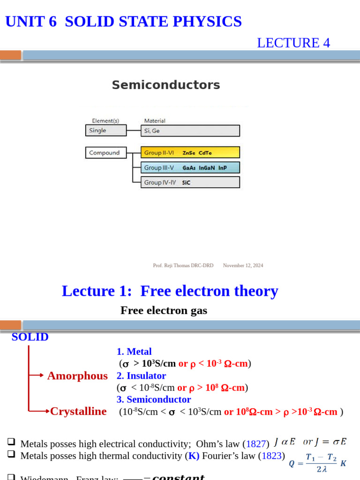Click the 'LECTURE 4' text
pyautogui.click(x=293, y=43)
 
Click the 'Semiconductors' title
pyautogui.click(x=165, y=85)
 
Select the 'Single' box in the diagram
pyautogui.click(x=105, y=130)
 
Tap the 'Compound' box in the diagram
pyautogui.click(x=105, y=153)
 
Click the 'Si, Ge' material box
pyautogui.click(x=190, y=131)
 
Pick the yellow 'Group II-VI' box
pyautogui.click(x=190, y=152)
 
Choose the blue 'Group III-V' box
pyautogui.click(x=190, y=167)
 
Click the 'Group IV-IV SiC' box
pyautogui.click(x=190, y=182)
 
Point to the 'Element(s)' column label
pyautogui.click(x=105, y=120)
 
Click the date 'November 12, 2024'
pyautogui.click(x=243, y=265)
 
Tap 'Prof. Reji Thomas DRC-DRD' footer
pyautogui.click(x=183, y=265)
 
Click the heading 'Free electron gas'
pyautogui.click(x=164, y=310)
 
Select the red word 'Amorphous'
pyautogui.click(x=77, y=375)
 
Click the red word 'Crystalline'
pyautogui.click(x=78, y=411)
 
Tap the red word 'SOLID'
pyautogui.click(x=30, y=337)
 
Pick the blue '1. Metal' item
pyautogui.click(x=134, y=352)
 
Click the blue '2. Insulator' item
pyautogui.click(x=141, y=375)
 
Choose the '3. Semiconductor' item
pyautogui.click(x=154, y=399)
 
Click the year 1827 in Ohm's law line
pyautogui.click(x=256, y=443)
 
